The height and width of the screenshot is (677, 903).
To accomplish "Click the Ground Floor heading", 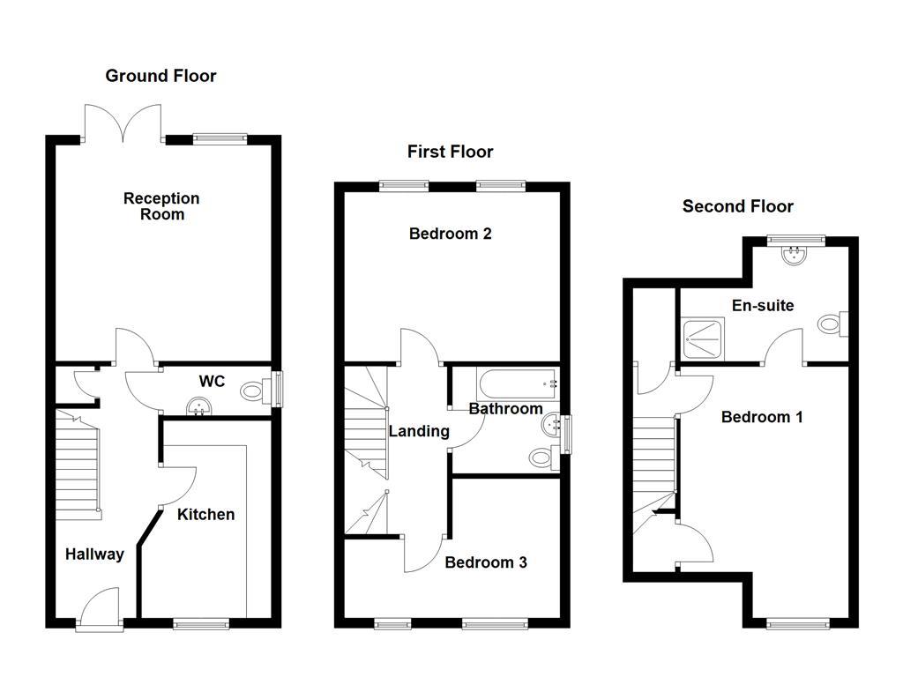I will [160, 76].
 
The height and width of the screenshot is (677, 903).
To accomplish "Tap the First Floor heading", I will [450, 152].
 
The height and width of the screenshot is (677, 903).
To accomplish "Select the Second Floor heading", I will [737, 206].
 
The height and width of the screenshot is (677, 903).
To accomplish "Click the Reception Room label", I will [161, 206].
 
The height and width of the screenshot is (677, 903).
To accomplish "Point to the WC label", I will [212, 382].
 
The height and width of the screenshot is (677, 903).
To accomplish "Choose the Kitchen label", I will [206, 514].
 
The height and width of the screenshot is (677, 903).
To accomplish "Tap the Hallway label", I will [94, 554].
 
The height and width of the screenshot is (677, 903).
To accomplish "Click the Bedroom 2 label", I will [450, 234].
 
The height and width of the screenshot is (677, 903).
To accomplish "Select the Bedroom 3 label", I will [485, 562].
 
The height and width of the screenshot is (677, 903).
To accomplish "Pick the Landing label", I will [419, 431].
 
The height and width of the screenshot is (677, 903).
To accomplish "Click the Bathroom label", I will [505, 409].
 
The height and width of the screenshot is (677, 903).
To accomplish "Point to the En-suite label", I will [763, 306].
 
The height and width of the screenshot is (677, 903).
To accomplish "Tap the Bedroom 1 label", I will [762, 417].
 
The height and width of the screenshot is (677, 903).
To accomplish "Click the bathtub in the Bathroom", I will [518, 384].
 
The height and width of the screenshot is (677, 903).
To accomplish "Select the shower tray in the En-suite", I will [703, 338].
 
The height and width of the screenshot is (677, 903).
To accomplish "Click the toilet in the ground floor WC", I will [257, 387].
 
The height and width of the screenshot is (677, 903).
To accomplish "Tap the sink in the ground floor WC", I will [199, 405].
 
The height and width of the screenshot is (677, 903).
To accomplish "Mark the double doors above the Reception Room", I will [123, 123].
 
